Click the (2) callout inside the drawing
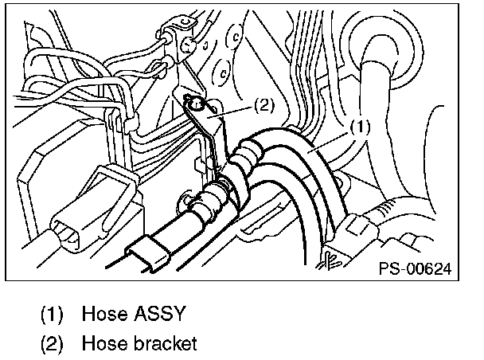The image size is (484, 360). (265, 104)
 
